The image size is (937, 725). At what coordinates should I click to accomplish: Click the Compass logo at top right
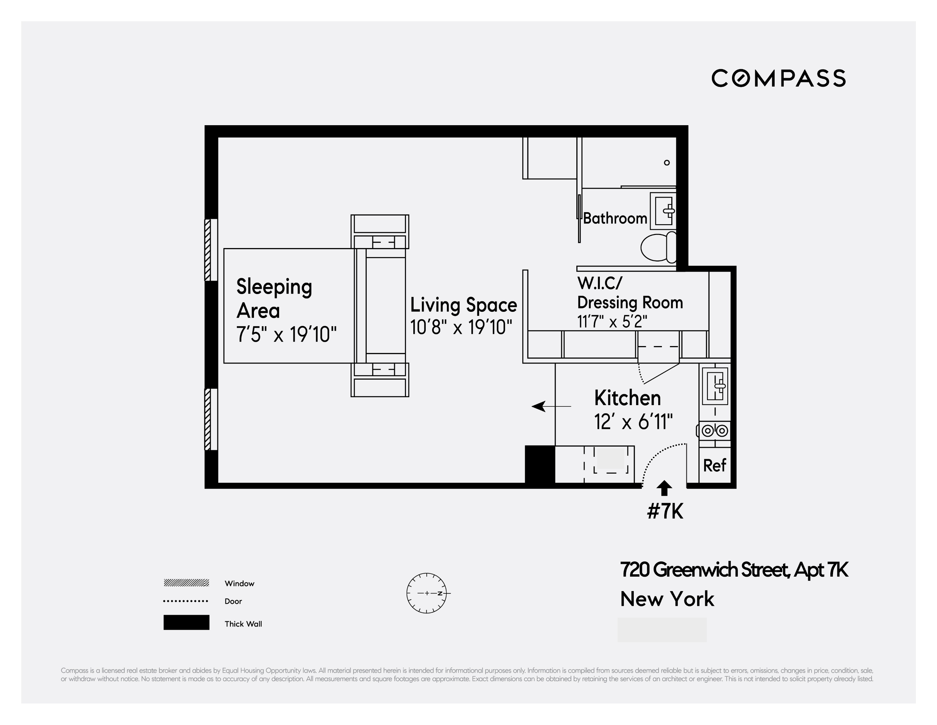click(778, 78)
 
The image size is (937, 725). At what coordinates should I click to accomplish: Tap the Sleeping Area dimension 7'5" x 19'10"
click(286, 334)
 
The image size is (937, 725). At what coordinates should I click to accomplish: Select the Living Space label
click(463, 305)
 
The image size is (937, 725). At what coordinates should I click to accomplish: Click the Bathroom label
click(615, 219)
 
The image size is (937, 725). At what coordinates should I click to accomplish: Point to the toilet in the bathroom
click(657, 248)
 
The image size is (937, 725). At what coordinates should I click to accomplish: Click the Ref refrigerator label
click(714, 465)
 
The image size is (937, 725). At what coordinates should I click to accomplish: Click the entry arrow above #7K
click(664, 488)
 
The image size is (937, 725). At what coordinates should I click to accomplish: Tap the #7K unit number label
click(665, 511)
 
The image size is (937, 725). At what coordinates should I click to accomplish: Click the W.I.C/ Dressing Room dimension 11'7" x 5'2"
click(612, 321)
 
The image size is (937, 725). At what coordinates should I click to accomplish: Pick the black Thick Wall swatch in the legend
click(186, 622)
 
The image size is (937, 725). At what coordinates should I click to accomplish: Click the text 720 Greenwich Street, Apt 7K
click(734, 570)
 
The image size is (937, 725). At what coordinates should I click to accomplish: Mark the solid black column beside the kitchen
click(540, 465)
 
